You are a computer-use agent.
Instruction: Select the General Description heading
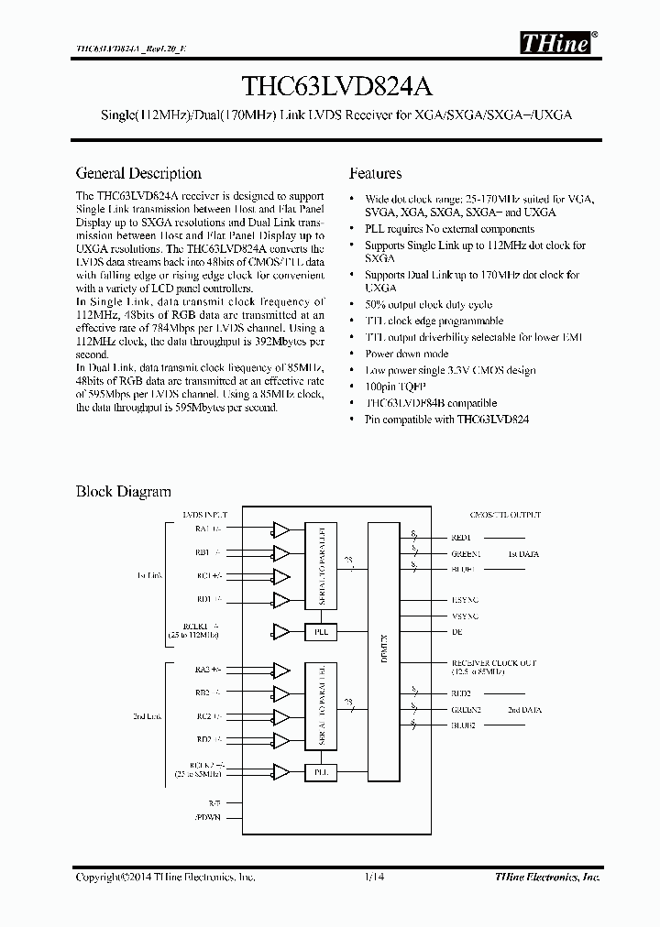138,173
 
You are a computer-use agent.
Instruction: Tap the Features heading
376,173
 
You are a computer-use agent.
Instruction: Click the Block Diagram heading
123,492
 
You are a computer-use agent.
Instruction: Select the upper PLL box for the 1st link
321,632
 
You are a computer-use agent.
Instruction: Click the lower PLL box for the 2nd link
321,773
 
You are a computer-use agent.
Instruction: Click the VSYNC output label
465,616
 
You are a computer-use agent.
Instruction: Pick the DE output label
456,632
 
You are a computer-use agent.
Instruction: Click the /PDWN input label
208,817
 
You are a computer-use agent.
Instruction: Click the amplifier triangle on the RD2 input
281,738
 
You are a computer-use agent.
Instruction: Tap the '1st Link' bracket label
148,575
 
